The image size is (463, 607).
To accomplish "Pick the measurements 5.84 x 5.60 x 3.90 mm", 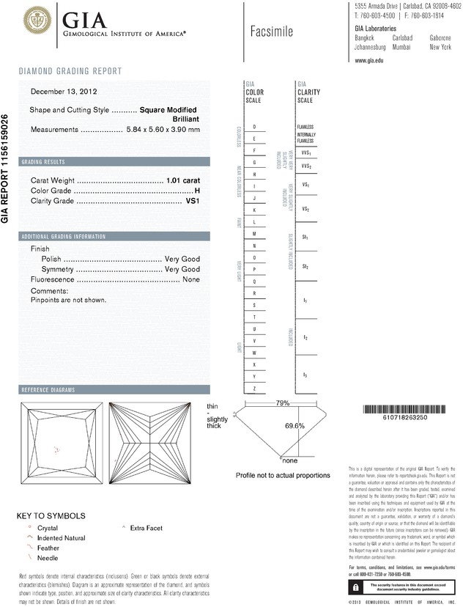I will pyautogui.click(x=163, y=129).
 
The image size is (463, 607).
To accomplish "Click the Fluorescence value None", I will pyautogui.click(x=191, y=279).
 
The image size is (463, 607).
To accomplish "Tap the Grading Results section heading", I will pyautogui.click(x=43, y=161).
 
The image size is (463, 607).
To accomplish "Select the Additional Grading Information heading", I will pyautogui.click(x=63, y=237).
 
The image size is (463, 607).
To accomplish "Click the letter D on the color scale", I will pyautogui.click(x=254, y=127).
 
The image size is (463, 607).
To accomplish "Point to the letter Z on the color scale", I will pyautogui.click(x=254, y=388).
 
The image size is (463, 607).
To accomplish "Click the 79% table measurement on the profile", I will pyautogui.click(x=282, y=404).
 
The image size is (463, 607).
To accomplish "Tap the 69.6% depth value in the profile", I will pyautogui.click(x=295, y=426).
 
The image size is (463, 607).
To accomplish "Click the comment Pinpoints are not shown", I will pyautogui.click(x=69, y=300).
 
